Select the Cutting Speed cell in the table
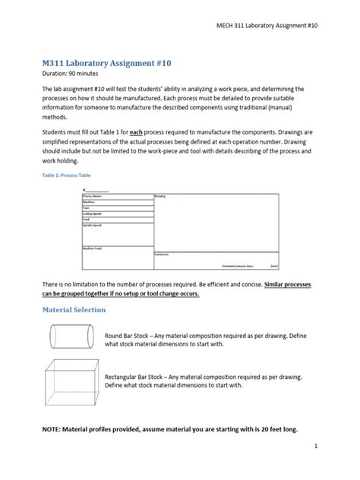[x=93, y=213]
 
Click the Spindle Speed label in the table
[x=93, y=225]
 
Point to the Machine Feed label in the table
[x=93, y=248]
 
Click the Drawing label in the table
[x=160, y=196]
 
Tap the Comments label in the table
[x=162, y=254]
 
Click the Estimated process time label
[x=238, y=267]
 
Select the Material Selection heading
[x=74, y=310]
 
